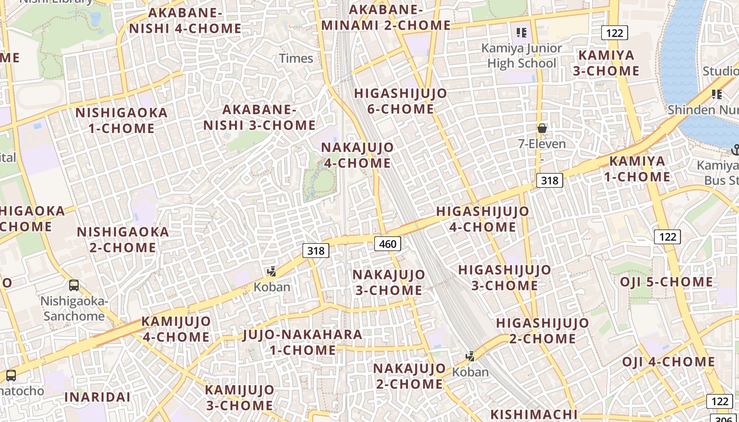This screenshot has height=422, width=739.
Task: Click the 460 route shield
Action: point(387,244)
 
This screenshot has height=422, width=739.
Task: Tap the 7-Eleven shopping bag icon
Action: point(542,128)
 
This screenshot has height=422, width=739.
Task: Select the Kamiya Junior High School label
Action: point(522,56)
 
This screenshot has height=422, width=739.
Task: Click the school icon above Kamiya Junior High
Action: point(522,33)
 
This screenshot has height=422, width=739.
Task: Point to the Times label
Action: point(296,58)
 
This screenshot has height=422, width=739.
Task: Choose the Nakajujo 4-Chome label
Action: point(357,155)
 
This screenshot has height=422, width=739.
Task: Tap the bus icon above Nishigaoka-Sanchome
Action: point(74,285)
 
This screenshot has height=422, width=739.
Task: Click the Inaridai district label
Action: point(97,397)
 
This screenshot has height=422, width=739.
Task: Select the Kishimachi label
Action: point(534,414)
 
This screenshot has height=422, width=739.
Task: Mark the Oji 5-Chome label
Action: point(666,282)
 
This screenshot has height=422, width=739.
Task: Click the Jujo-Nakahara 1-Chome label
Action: point(302,342)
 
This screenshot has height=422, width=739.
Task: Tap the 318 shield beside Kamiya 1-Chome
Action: point(549,180)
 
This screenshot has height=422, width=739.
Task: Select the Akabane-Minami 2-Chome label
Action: point(386,17)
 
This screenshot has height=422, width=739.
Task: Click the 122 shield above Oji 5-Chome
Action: point(667,236)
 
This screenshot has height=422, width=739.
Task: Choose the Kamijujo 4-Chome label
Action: point(176,329)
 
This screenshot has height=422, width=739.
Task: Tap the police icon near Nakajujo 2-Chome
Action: point(470,357)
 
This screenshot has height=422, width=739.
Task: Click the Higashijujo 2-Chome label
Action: point(542,330)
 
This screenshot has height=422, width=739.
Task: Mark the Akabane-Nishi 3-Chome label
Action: point(259,117)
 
